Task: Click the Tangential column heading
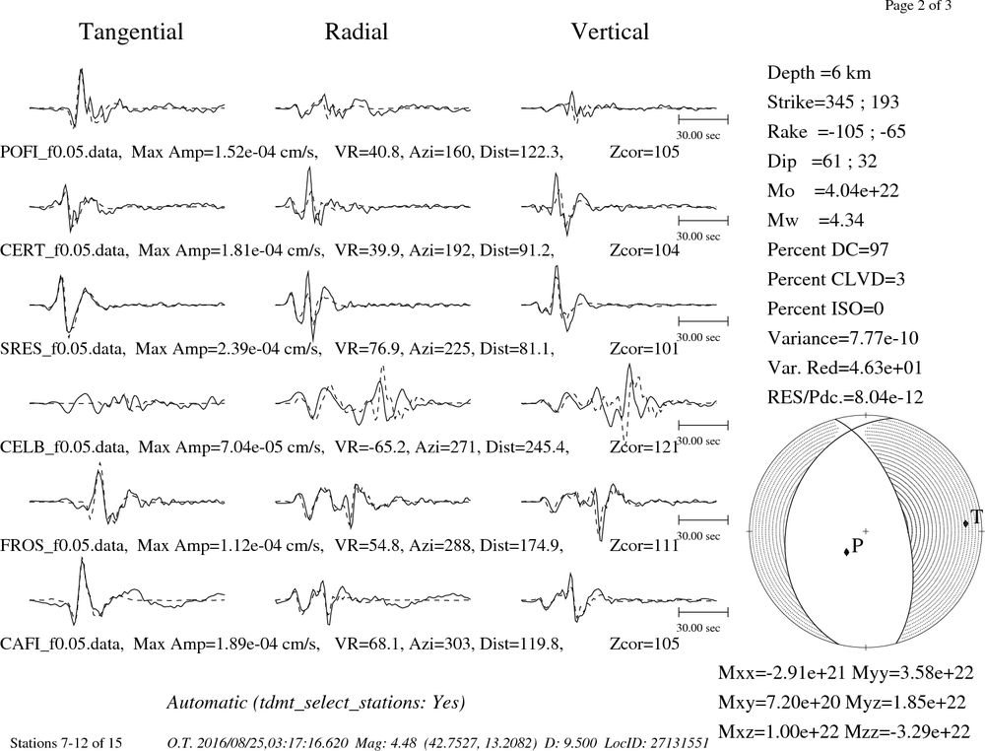click(x=131, y=33)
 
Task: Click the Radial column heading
click(x=357, y=32)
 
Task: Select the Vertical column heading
click(x=610, y=32)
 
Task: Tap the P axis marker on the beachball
click(x=847, y=551)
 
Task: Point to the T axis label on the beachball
click(x=975, y=517)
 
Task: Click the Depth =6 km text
click(x=819, y=73)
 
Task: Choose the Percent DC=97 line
click(x=827, y=249)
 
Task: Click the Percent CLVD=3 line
click(x=835, y=279)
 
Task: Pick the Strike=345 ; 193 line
click(x=832, y=102)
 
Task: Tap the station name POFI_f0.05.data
click(x=61, y=152)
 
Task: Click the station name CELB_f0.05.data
click(x=64, y=447)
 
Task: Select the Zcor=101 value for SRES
click(x=644, y=349)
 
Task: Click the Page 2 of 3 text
click(x=918, y=6)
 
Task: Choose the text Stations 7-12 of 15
click(x=66, y=743)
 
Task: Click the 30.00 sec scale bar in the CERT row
click(x=703, y=221)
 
